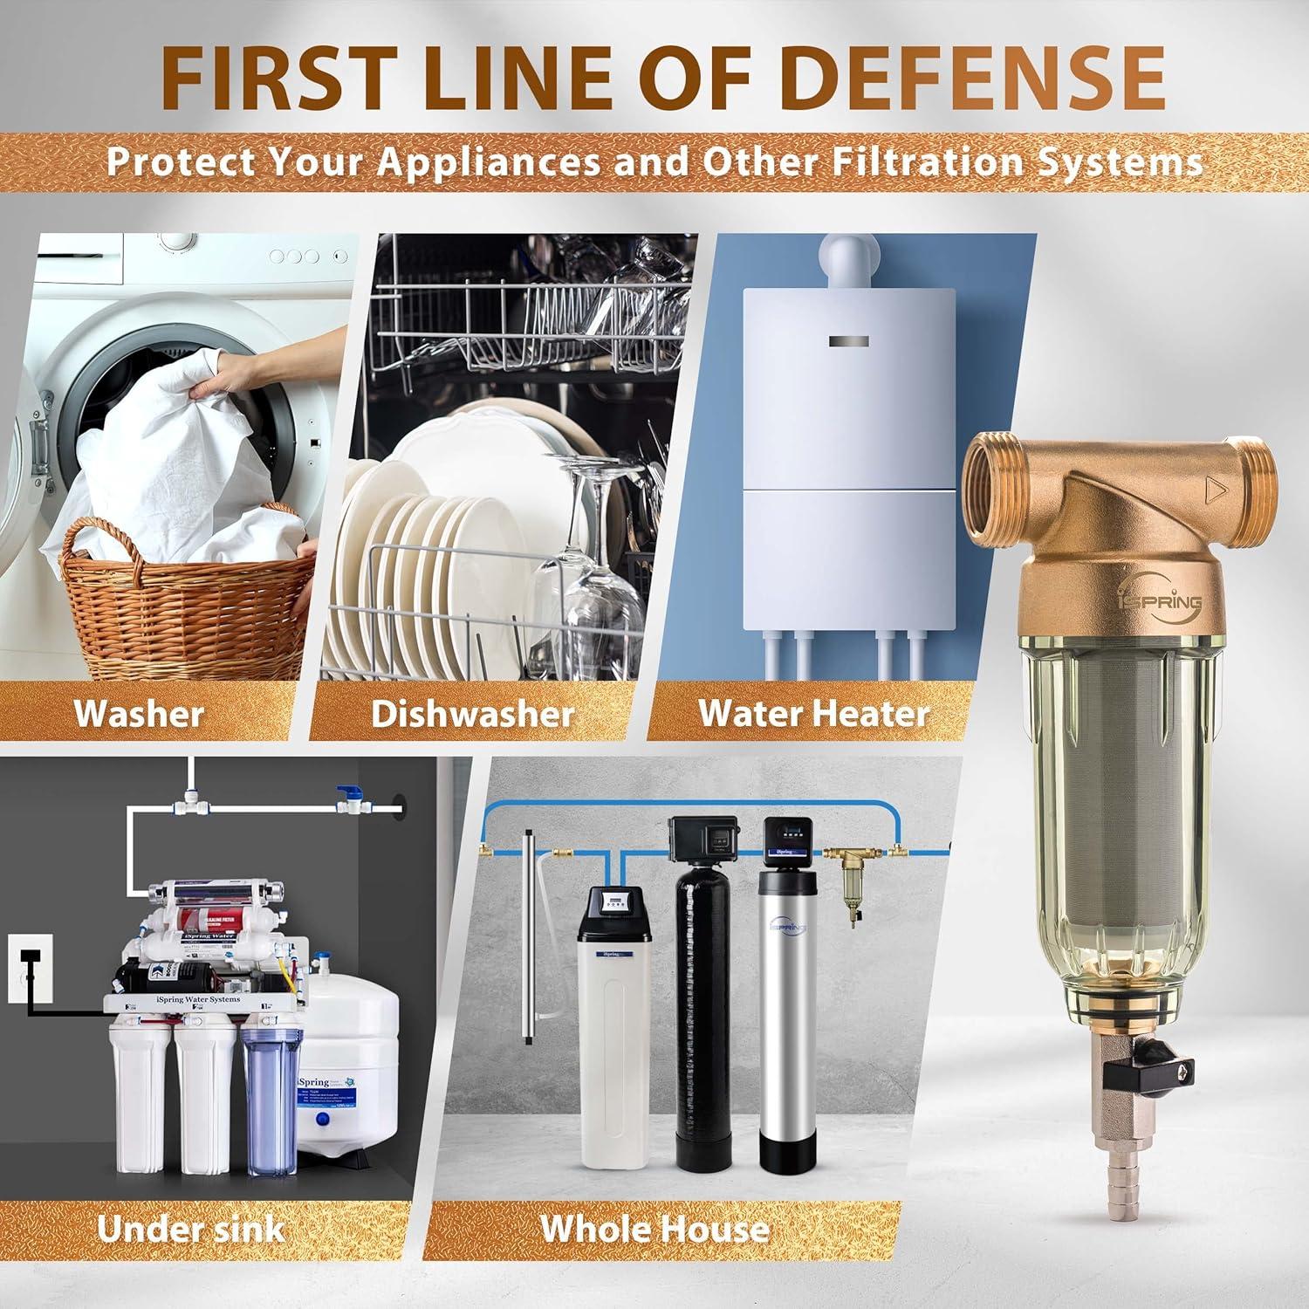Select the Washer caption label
coord(139,713)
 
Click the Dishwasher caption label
coord(472,713)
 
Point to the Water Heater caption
coord(813,713)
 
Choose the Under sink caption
coord(190,1228)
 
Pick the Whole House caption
coord(654,1228)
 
